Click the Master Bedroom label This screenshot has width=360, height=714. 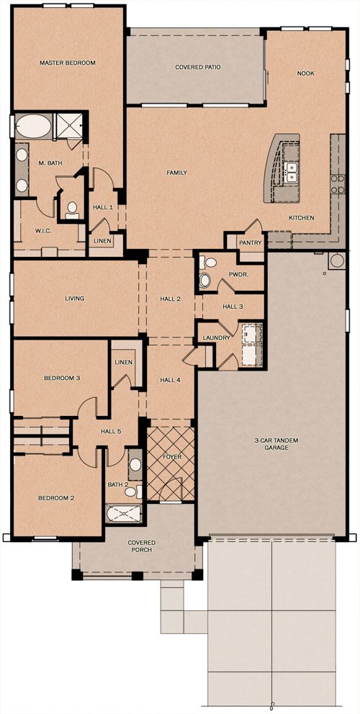coord(68,63)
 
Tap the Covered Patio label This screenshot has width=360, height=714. coord(198,67)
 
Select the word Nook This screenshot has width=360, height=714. coord(306,73)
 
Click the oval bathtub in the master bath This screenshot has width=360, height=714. coord(34,126)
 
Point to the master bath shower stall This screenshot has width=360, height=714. coord(69,125)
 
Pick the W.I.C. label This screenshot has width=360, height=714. coord(42,231)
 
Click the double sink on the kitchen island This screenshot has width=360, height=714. coord(291,172)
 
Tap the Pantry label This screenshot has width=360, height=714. coord(251,243)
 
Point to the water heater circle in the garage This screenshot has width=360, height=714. coord(338,261)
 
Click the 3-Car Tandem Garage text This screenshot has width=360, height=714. coord(272,444)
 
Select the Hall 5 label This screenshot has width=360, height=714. coord(111,431)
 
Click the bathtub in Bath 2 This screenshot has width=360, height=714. coord(124,514)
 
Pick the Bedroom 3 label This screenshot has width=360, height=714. coord(62,378)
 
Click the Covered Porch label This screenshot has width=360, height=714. coord(141,546)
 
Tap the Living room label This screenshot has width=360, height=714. coord(74,299)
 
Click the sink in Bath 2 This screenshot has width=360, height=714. coord(135,464)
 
